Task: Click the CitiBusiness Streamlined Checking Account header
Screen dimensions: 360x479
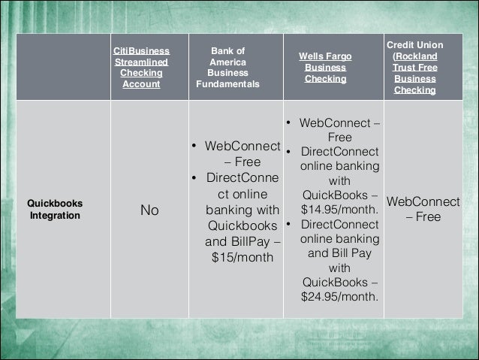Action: click(141, 68)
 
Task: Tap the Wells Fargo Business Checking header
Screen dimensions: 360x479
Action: click(325, 68)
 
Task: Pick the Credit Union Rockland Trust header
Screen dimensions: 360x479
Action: click(414, 68)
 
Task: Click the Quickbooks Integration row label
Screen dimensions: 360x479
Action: click(56, 210)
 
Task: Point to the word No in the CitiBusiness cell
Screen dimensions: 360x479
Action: click(149, 210)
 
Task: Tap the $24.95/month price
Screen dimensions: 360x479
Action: click(339, 296)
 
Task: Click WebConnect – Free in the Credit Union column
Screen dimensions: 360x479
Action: click(423, 210)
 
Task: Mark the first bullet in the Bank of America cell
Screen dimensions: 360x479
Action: click(194, 146)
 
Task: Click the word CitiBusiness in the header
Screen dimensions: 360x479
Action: click(141, 50)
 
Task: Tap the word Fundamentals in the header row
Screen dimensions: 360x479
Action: click(227, 85)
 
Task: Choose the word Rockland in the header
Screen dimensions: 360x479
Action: click(416, 56)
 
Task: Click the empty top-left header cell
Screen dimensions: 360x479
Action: click(63, 68)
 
